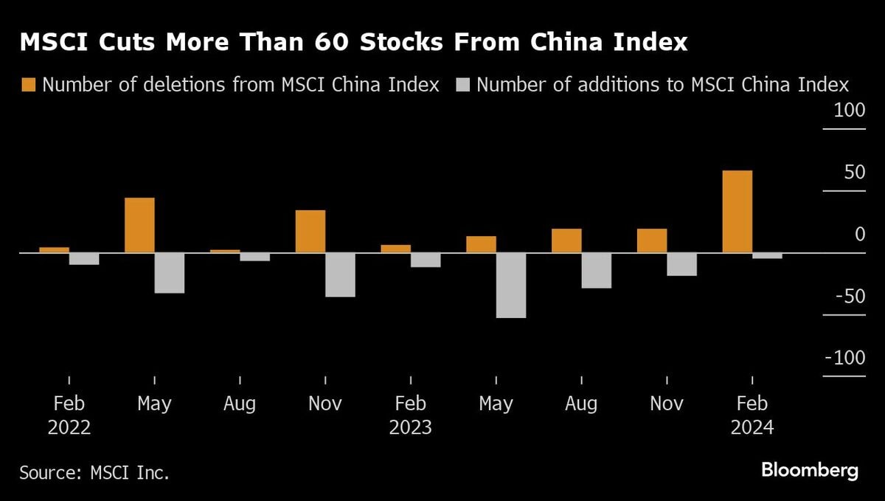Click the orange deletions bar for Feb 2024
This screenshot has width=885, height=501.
[x=737, y=212]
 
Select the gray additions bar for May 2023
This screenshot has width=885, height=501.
[x=510, y=286]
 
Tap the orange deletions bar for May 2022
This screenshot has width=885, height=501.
[x=139, y=225]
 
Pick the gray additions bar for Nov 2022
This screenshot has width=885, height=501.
[x=340, y=274]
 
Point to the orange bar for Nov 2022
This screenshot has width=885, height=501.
[x=310, y=232]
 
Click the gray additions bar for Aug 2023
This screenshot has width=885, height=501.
[x=596, y=271]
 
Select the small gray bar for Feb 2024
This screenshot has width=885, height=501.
[x=767, y=256]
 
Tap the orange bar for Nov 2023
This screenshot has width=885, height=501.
[x=652, y=241]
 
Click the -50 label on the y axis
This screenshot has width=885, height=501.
[x=846, y=297]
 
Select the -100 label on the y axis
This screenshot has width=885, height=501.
[x=844, y=358]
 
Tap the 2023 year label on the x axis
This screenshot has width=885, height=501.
[x=411, y=428]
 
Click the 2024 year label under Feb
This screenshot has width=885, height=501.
[x=752, y=428]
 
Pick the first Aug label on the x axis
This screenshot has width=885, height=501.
[x=240, y=404]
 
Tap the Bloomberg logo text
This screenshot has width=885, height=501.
[x=810, y=471]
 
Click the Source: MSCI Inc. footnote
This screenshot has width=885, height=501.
[x=94, y=472]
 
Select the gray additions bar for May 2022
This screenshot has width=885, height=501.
[x=169, y=273]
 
